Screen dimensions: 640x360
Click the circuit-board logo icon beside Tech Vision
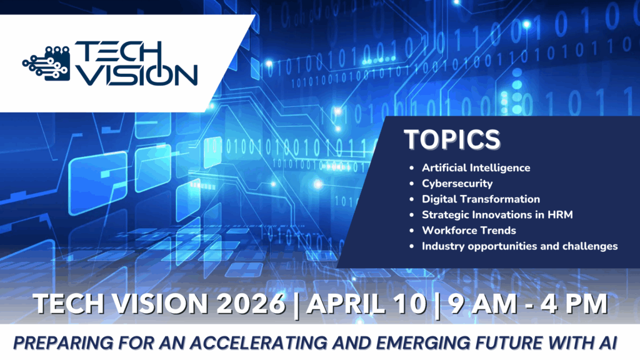pos(46,63)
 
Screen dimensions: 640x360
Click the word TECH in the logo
pos(119,52)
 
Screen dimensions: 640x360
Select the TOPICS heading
pos(452,139)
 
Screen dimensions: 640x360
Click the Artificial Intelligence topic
pos(476,167)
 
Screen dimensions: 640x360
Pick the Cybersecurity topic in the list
pos(457,184)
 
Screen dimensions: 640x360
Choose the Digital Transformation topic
pos(481,199)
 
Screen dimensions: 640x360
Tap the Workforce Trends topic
pos(469,231)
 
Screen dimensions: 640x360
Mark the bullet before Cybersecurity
pos(411,184)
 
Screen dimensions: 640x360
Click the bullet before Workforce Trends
pos(411,231)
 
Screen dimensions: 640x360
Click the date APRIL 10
pos(367,304)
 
